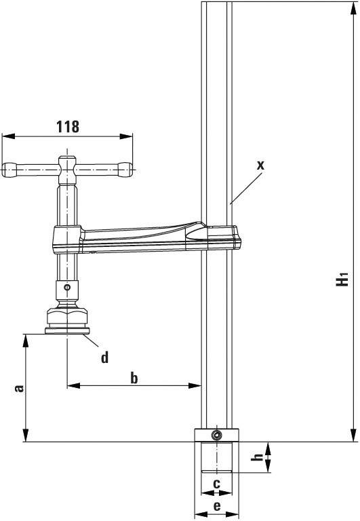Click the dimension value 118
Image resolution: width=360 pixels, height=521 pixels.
pos(67,126)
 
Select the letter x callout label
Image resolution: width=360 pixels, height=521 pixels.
pos(260,165)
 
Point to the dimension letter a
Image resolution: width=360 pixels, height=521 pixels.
pos(20,388)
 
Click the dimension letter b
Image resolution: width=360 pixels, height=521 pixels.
pos(134,378)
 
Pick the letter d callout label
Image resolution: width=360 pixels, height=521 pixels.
pos(104,357)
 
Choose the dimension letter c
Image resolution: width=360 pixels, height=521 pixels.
pos(216,484)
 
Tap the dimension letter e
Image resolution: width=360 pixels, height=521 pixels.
pos(216,506)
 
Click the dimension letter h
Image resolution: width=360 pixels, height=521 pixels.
pos(257,457)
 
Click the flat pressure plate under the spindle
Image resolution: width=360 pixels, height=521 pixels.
pos(66,331)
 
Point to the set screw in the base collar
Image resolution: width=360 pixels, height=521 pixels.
pos(216,435)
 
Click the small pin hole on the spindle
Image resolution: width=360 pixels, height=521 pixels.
pos(66,287)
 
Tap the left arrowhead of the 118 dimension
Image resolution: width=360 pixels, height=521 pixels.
pos(5,136)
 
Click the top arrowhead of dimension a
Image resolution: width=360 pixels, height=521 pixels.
pos(25,337)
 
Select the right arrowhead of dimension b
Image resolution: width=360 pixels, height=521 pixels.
pos(198,386)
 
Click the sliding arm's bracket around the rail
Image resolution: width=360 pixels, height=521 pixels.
pos(221,234)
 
